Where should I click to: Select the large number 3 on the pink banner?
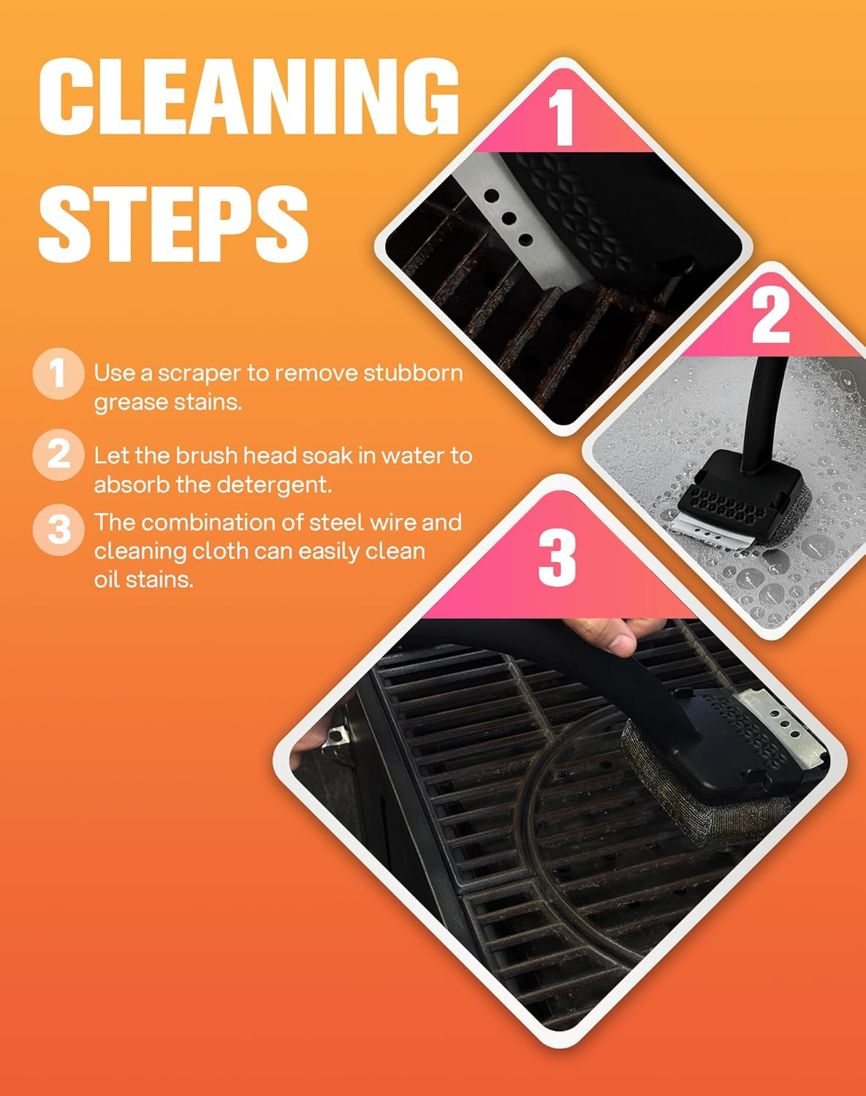[x=558, y=557]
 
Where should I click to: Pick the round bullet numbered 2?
[x=58, y=455]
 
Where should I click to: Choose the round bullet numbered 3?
[x=58, y=529]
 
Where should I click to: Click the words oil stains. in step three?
[x=143, y=580]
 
